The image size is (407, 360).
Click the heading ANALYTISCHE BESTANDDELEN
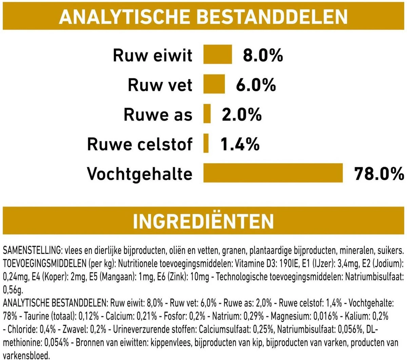(x=203, y=16)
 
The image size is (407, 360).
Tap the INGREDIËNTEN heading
(x=203, y=221)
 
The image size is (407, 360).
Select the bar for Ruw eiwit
(x=217, y=54)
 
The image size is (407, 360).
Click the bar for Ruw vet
(x=214, y=84)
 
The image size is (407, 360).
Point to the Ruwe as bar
(x=207, y=114)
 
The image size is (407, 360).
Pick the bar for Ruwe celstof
(x=206, y=143)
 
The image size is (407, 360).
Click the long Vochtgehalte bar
(x=273, y=173)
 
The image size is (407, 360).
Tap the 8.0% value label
(x=263, y=55)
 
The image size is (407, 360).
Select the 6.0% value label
(x=256, y=84)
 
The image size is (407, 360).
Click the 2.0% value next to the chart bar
(x=242, y=114)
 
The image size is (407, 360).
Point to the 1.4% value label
(x=240, y=144)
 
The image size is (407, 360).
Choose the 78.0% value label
(x=379, y=174)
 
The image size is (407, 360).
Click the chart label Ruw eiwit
(x=153, y=55)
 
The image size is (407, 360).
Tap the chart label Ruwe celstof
(x=140, y=144)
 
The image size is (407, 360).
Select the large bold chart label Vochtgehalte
(x=140, y=174)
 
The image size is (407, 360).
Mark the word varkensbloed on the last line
(x=25, y=356)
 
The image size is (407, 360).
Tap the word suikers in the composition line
(x=391, y=251)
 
